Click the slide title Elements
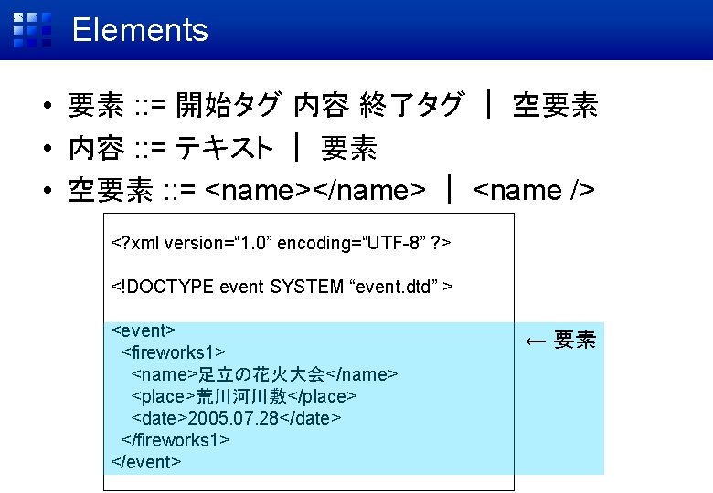(140, 30)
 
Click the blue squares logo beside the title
(31, 30)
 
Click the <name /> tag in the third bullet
(536, 190)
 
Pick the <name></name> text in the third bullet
(314, 190)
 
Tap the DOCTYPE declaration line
(282, 287)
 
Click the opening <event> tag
(143, 330)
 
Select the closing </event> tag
(146, 462)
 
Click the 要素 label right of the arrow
(575, 341)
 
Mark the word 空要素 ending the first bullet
(555, 106)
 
